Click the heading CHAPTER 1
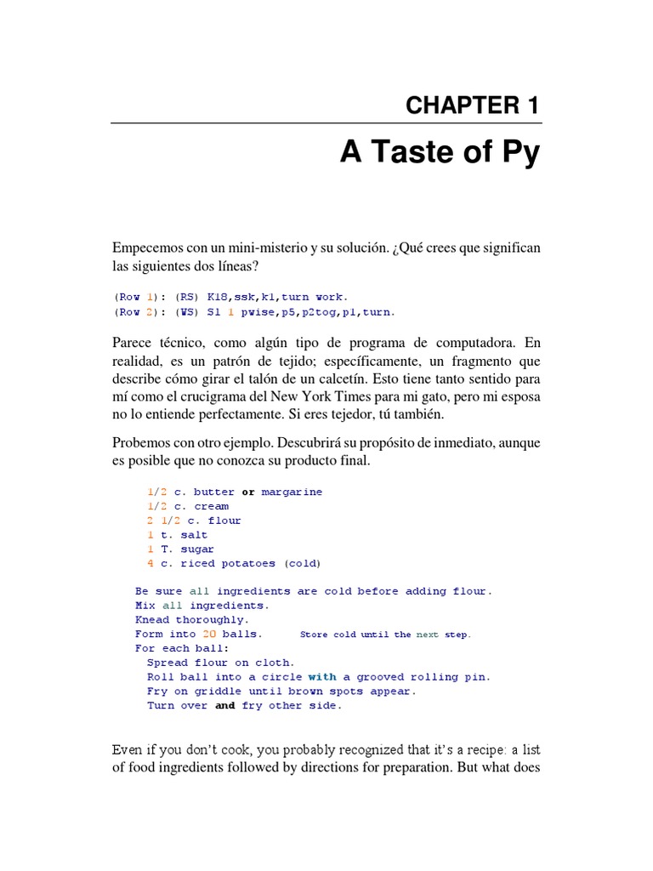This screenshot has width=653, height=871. tap(472, 105)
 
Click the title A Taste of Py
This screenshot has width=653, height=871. tap(440, 155)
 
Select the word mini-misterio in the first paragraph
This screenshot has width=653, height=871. tap(265, 248)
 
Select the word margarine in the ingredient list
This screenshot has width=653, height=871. tap(292, 492)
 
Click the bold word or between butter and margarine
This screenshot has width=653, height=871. tap(248, 492)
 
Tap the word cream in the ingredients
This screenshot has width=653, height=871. tap(211, 506)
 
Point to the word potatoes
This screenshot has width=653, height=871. tap(248, 563)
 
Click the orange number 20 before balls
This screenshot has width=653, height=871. tap(209, 634)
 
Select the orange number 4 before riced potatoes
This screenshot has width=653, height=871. tap(150, 563)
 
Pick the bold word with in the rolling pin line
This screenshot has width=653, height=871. tap(322, 677)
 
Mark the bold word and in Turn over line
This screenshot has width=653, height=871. tap(224, 705)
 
